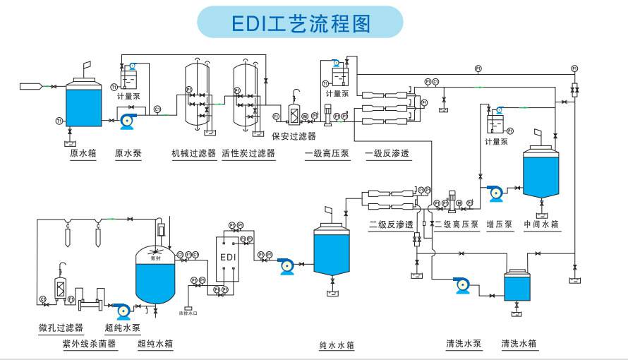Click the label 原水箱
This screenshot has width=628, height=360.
pos(83,152)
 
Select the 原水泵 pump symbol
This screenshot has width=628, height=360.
pos(128,121)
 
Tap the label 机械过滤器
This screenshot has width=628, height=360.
pos(193,152)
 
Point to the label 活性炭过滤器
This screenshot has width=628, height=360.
pos(247,152)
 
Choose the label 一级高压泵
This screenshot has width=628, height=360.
pos(327,152)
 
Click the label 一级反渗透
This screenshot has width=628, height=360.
pos(388,152)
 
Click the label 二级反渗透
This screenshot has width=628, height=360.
pos(392,225)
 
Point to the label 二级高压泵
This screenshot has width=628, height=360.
pos(457,225)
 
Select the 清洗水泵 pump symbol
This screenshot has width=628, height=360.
pos(463,285)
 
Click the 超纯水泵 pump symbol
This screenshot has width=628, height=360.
pos(122,308)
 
